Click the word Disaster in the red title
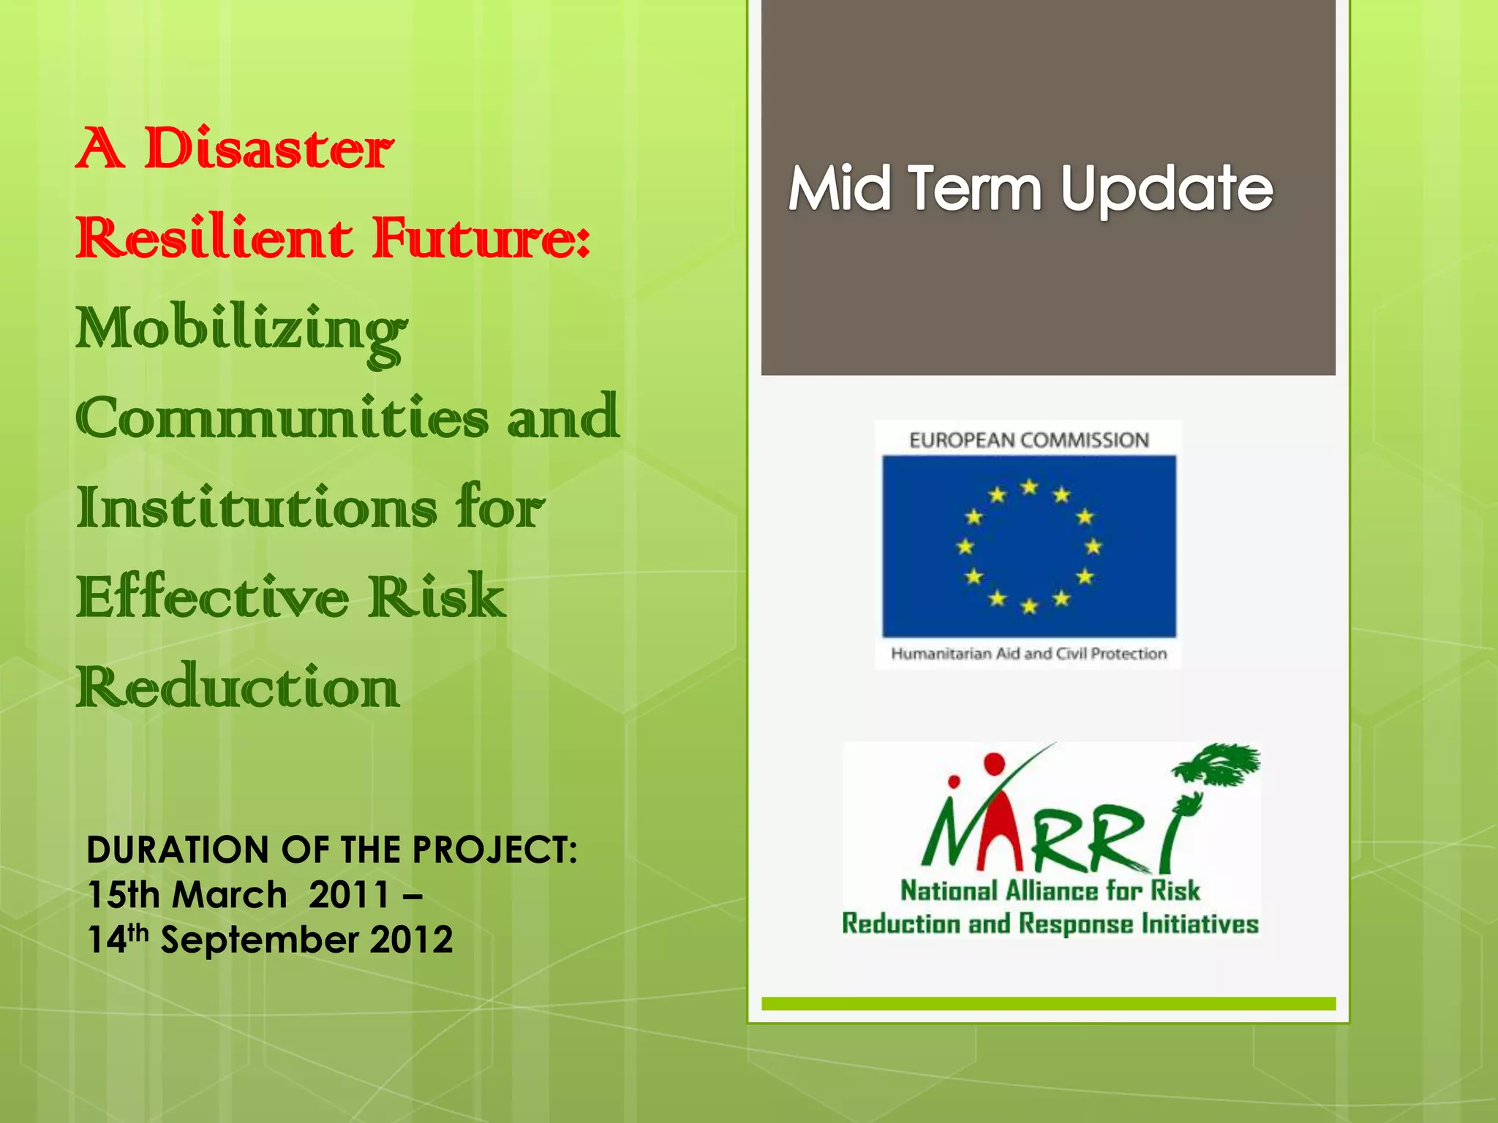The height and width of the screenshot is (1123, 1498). (x=268, y=149)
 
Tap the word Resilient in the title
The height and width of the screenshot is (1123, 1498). (x=214, y=238)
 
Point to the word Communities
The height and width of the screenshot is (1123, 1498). (x=282, y=418)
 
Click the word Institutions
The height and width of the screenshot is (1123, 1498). (x=257, y=508)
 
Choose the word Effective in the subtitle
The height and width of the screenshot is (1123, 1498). (x=213, y=597)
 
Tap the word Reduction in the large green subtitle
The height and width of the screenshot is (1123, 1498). (x=238, y=687)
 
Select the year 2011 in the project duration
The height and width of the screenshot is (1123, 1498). (x=349, y=895)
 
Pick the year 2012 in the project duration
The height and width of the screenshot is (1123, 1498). (x=411, y=939)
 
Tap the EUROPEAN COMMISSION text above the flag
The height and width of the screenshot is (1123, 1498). (x=1029, y=440)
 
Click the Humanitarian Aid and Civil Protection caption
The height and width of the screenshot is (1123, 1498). (x=1028, y=654)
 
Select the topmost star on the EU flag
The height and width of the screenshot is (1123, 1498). (x=1030, y=486)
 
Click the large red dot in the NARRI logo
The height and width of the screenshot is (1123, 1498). (x=994, y=765)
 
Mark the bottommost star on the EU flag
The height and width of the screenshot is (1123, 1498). (x=1029, y=606)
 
